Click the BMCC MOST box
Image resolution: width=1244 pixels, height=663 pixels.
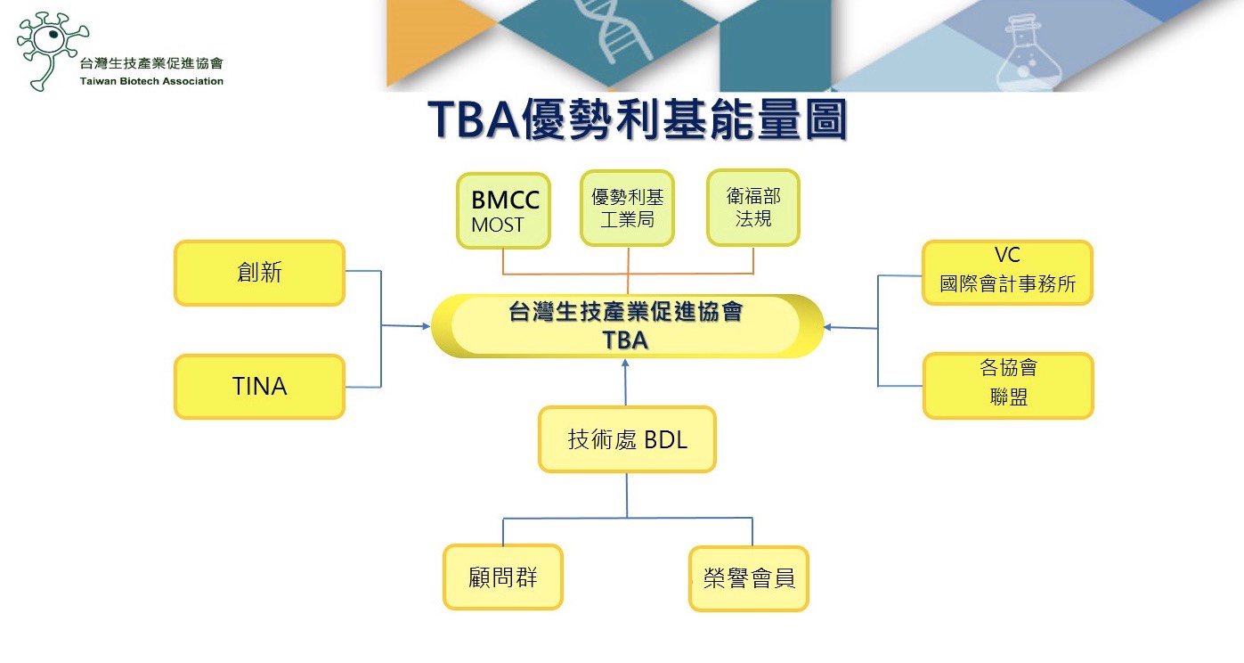click(503, 210)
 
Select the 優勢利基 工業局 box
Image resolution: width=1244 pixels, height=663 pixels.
click(627, 208)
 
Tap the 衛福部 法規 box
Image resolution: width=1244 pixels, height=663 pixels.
click(753, 208)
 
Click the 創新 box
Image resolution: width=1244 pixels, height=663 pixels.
click(259, 273)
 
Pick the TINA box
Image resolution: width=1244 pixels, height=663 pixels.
click(259, 386)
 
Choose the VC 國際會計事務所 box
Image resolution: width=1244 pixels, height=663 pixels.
click(1007, 273)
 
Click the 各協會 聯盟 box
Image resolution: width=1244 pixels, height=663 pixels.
click(1008, 385)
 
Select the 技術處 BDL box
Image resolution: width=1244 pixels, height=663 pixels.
click(627, 439)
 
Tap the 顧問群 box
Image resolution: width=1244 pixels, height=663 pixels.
click(503, 577)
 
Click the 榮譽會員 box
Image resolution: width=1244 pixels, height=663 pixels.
click(749, 578)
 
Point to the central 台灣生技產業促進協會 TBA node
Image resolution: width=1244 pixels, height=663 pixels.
click(627, 325)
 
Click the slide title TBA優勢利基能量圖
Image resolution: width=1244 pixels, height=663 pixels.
click(637, 119)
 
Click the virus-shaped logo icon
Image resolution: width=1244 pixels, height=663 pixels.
click(50, 50)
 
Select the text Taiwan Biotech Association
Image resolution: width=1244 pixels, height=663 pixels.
click(151, 81)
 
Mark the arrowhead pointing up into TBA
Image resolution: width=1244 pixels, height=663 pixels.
click(625, 363)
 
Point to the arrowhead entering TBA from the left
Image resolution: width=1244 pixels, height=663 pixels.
click(426, 326)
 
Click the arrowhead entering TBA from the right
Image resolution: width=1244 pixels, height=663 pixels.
click(827, 327)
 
